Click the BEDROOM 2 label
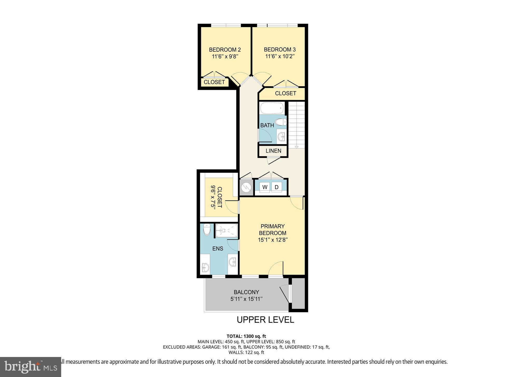225,50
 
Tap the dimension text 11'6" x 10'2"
280,56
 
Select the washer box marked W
265,187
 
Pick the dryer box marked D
277,187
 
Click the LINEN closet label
273,151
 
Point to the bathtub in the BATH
272,108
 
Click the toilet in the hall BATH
281,122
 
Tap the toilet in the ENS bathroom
207,230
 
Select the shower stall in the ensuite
226,230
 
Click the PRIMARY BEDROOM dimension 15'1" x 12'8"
273,240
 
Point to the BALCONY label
246,292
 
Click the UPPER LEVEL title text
265,320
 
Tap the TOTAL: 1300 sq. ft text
246,336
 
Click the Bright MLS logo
31,367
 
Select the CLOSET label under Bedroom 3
285,93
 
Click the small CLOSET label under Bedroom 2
214,82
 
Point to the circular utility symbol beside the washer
246,187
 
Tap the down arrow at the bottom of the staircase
296,147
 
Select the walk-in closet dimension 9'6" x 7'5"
213,197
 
